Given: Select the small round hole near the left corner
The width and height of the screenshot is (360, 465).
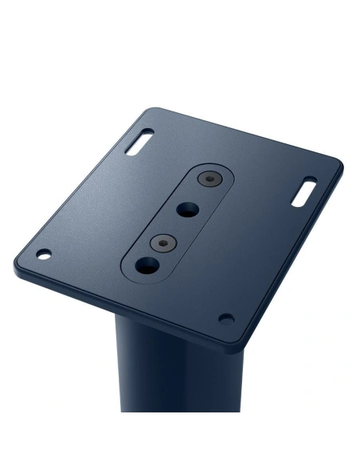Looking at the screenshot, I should click(x=44, y=255).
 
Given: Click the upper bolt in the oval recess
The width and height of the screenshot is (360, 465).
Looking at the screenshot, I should click(x=209, y=179).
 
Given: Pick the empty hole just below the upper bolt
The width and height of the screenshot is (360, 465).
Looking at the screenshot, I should click(x=189, y=209).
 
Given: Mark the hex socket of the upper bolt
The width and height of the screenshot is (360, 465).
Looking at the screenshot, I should click(x=209, y=179).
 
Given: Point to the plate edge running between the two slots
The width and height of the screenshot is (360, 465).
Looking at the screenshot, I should click(x=239, y=135).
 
